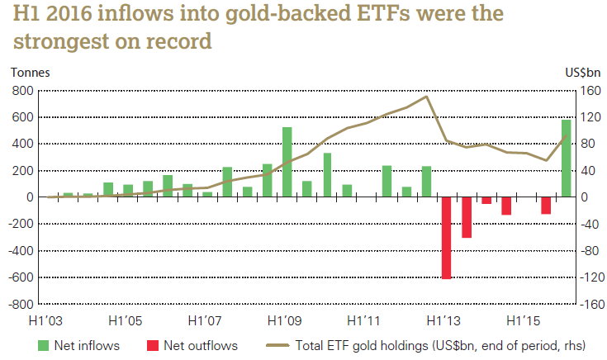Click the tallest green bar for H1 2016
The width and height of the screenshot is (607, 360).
tap(566, 159)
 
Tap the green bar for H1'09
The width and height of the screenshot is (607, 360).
tap(287, 162)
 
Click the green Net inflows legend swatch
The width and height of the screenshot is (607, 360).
tap(44, 345)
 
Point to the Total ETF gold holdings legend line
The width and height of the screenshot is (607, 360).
tap(274, 345)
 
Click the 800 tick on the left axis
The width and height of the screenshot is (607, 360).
tap(21, 90)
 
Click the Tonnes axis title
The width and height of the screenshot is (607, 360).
tap(30, 72)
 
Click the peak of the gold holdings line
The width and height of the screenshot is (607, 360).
tap(426, 97)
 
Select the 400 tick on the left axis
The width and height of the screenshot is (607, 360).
tap(21, 144)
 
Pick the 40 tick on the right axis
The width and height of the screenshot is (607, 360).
tap(590, 170)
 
